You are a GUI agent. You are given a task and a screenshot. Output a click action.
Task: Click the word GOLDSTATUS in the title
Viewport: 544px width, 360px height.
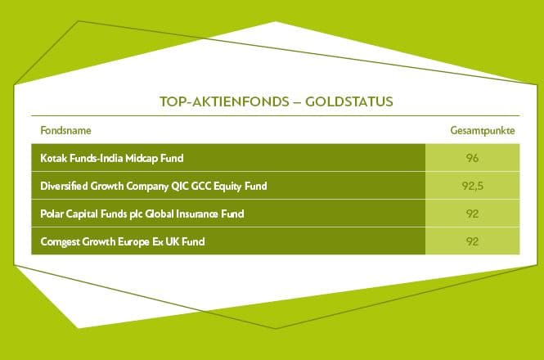point(349,101)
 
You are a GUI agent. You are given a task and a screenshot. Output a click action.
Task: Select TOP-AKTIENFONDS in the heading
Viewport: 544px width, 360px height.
point(224,101)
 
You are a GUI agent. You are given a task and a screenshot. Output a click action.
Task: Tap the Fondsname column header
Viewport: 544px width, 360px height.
point(66,131)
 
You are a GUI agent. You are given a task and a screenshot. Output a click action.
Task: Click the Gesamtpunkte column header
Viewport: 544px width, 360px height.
point(483,131)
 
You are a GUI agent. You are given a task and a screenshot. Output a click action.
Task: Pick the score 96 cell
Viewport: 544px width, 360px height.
point(472,158)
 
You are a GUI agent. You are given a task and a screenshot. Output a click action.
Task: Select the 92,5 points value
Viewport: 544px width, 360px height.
point(473,186)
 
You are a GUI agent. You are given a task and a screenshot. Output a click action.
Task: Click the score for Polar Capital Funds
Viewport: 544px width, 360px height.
point(472,214)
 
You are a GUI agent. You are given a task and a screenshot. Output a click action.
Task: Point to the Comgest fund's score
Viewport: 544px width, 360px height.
point(472,241)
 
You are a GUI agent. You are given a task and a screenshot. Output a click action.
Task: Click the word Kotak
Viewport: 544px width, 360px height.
point(53,158)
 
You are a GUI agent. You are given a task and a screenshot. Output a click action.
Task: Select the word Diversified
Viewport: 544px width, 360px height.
point(64,186)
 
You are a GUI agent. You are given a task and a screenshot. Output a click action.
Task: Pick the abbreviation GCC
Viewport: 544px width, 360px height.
point(201,186)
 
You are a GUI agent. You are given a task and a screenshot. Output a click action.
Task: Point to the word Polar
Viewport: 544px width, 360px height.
point(52,214)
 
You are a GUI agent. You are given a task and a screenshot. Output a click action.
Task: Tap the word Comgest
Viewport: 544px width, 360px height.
point(60,242)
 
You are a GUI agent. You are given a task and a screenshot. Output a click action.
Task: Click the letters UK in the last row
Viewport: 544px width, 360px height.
point(172,241)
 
